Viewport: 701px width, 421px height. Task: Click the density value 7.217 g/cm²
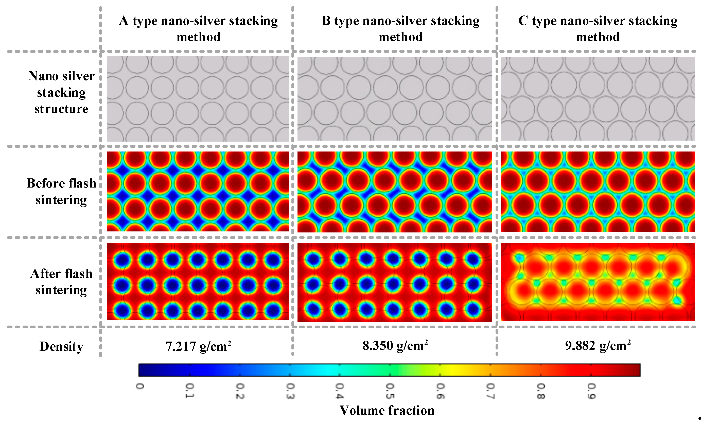[198, 346]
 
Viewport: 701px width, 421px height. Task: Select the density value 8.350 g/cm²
[395, 346]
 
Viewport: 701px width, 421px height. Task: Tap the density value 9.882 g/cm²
[598, 346]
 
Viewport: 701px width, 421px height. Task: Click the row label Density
[61, 346]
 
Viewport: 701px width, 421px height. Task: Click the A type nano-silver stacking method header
[198, 29]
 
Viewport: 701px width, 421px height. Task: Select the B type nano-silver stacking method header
[400, 29]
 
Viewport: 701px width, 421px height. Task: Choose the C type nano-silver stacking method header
[598, 29]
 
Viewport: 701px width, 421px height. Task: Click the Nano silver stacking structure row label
[61, 92]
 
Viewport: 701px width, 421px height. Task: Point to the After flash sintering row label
[61, 282]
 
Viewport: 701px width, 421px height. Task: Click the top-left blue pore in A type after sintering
[123, 260]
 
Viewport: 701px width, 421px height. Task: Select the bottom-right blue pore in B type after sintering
[472, 309]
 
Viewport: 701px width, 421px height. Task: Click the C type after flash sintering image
[597, 282]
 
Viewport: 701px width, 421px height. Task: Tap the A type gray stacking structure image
[198, 98]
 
